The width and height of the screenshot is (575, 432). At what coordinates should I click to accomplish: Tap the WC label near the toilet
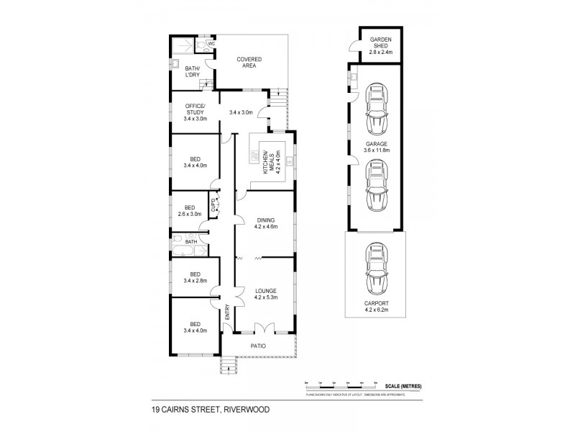click(211, 44)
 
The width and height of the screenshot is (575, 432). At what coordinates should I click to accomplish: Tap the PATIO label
click(258, 346)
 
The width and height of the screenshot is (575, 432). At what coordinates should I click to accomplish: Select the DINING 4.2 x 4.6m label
click(265, 223)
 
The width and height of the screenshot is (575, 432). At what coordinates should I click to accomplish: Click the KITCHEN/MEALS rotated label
click(268, 165)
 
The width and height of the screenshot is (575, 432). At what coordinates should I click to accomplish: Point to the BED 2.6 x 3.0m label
click(189, 210)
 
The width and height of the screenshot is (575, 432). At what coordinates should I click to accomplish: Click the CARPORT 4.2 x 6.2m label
click(374, 308)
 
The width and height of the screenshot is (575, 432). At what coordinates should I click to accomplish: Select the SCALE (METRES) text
click(402, 386)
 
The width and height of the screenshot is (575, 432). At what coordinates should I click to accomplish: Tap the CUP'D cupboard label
click(213, 207)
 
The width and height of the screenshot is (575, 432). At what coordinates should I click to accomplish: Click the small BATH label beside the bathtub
click(190, 242)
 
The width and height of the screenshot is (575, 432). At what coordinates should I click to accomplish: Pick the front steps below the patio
click(229, 367)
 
